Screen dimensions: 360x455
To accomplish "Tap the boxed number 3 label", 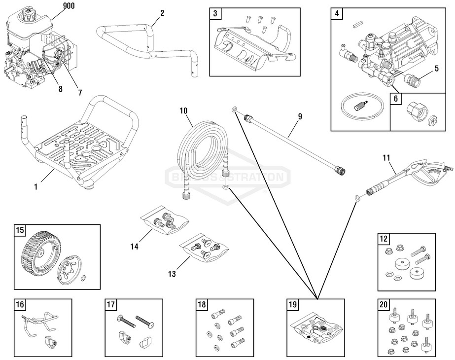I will (215, 13).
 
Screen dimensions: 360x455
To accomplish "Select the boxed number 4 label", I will (336, 13).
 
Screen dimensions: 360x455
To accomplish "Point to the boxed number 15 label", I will (20, 230).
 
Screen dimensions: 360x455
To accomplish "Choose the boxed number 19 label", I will (292, 304).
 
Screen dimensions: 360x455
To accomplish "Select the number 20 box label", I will (383, 304).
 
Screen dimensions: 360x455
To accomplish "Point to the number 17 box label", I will (110, 304).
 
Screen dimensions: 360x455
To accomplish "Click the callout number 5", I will (437, 68).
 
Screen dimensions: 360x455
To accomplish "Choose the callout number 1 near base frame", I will (35, 187).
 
